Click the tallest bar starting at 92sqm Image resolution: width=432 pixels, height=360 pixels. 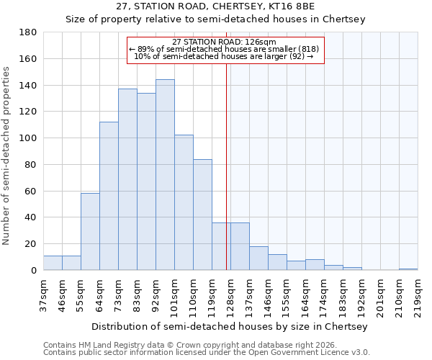pos(165,175)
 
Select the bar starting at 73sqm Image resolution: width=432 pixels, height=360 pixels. pos(127,179)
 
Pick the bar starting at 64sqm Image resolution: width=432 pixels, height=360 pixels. pos(109,196)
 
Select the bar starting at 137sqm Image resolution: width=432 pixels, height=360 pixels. pos(258,258)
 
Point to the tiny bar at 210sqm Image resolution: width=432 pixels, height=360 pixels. pos(408,269)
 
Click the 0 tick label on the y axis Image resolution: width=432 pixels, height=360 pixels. pos(33,271)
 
